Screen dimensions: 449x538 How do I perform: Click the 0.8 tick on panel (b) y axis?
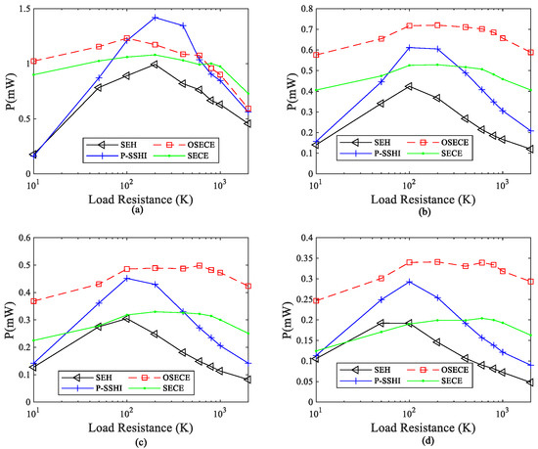299,9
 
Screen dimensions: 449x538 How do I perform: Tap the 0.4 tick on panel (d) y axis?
299,237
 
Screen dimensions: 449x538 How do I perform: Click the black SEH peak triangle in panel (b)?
409,86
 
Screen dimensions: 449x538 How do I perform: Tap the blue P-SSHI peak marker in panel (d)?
409,282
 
